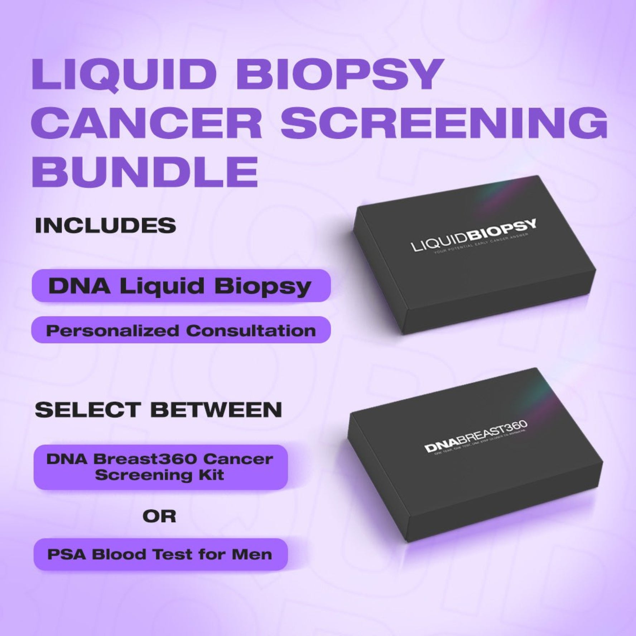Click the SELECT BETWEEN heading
point(158,410)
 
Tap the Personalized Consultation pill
point(181,330)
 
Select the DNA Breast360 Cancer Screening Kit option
point(160,467)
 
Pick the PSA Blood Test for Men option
point(160,554)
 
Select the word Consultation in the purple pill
point(250,330)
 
